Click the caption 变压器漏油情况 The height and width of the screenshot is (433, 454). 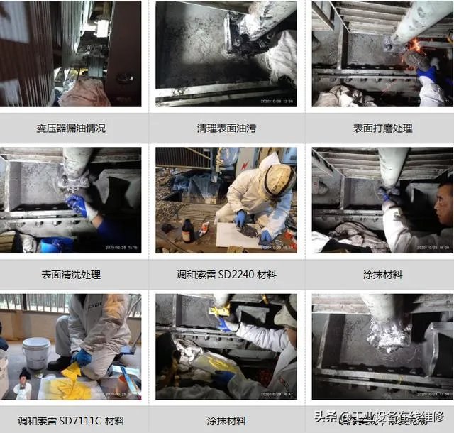coord(71,128)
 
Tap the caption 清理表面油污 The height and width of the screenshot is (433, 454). coord(226,128)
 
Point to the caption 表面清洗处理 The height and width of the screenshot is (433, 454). coord(71,274)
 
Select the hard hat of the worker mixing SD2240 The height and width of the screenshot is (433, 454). coord(277,181)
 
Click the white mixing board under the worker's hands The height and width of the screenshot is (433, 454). coord(238,235)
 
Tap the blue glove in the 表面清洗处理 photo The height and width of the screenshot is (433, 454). coord(77,206)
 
